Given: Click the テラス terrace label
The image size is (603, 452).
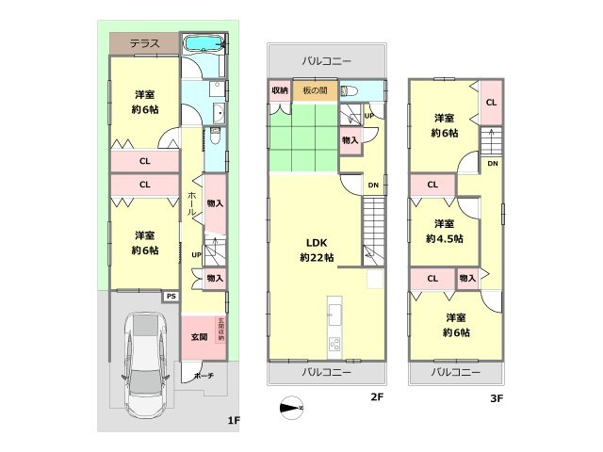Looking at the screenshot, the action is (x=144, y=43).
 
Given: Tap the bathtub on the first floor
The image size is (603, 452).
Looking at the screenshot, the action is (x=204, y=43).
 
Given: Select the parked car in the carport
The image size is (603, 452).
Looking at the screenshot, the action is (x=145, y=364).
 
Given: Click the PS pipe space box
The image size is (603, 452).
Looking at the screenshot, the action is (x=171, y=297).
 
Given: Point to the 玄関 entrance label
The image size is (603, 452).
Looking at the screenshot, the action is (x=199, y=337).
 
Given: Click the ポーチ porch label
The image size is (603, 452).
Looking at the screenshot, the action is (x=204, y=376).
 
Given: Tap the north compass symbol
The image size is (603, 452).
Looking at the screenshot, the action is (x=292, y=408).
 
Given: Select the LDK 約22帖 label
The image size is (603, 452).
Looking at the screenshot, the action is (x=317, y=250).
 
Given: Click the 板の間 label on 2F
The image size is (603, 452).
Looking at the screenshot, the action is (x=316, y=90).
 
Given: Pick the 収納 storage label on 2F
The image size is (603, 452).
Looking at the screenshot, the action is (x=280, y=90).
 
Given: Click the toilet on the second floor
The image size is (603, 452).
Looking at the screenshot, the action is (x=350, y=91).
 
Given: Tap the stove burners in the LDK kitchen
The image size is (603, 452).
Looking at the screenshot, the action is (x=334, y=345).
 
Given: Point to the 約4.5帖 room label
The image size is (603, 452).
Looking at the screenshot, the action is (x=444, y=238).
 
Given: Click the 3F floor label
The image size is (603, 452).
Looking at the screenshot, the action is (x=497, y=398).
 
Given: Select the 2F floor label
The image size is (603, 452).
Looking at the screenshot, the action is (x=377, y=396).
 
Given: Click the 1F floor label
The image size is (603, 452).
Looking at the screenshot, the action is (x=234, y=421).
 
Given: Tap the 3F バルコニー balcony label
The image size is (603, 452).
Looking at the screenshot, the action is (x=456, y=373).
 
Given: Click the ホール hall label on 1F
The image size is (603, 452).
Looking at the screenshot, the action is (x=191, y=203).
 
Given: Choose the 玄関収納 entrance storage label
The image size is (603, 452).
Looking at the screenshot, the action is (x=221, y=330).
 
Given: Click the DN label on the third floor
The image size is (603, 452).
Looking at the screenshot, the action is (x=493, y=163).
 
